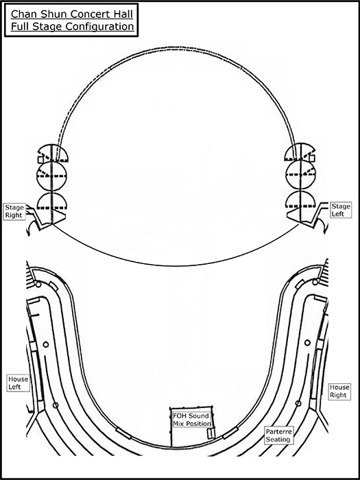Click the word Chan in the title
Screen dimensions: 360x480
22,14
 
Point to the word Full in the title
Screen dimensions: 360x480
19,27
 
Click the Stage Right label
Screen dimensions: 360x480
14,211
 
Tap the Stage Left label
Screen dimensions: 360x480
341,210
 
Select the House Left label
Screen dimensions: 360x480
18,383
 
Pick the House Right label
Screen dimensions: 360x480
339,391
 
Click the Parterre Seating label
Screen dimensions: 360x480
278,435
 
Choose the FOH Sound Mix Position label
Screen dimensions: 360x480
191,420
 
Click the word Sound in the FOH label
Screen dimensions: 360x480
198,416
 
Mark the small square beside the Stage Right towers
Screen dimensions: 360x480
40,160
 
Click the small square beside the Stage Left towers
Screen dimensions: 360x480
312,158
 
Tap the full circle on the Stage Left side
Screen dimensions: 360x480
301,174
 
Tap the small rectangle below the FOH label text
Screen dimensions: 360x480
211,433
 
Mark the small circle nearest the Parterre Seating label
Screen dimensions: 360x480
298,403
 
